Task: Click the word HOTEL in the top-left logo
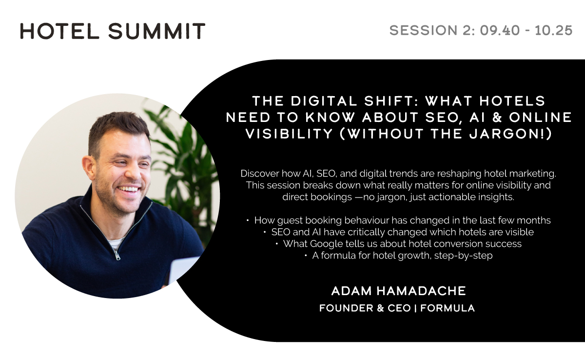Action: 59,31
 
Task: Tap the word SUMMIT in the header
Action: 156,31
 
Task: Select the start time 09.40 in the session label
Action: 500,30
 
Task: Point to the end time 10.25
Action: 554,30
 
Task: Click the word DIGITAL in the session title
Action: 324,101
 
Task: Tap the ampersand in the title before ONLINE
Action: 497,117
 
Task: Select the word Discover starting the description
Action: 259,174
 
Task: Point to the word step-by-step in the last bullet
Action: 463,256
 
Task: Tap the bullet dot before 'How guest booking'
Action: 248,221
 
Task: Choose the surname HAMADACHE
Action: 421,291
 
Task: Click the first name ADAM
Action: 351,291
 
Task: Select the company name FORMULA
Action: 448,308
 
